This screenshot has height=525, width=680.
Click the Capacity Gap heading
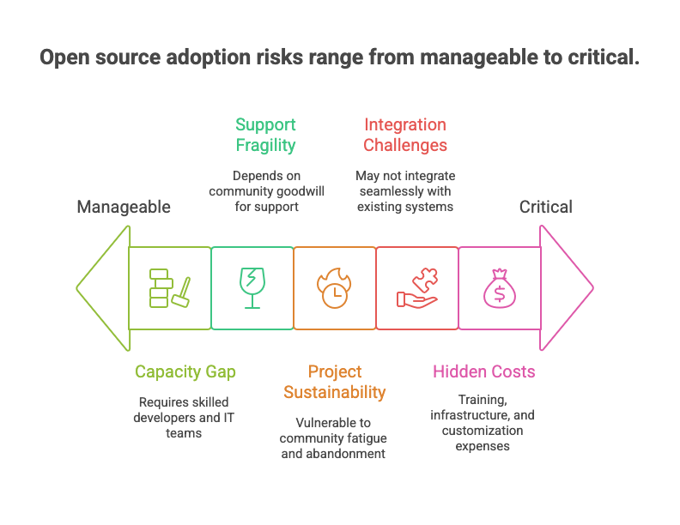click(x=185, y=371)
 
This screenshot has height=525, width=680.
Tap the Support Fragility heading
click(x=265, y=135)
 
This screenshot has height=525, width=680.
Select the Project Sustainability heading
click(x=335, y=382)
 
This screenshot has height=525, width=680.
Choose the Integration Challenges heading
click(x=405, y=135)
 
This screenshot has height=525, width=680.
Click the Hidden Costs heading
click(x=483, y=371)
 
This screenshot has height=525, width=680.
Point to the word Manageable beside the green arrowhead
click(x=124, y=207)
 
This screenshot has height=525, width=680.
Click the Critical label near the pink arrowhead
click(x=545, y=207)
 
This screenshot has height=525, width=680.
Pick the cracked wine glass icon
click(x=252, y=288)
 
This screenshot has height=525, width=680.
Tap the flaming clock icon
click(x=335, y=288)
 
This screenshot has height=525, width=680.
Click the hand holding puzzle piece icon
click(x=417, y=288)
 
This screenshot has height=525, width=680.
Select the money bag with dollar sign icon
click(x=499, y=288)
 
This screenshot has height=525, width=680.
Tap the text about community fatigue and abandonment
click(x=334, y=437)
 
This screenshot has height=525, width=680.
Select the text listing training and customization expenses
click(x=483, y=422)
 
